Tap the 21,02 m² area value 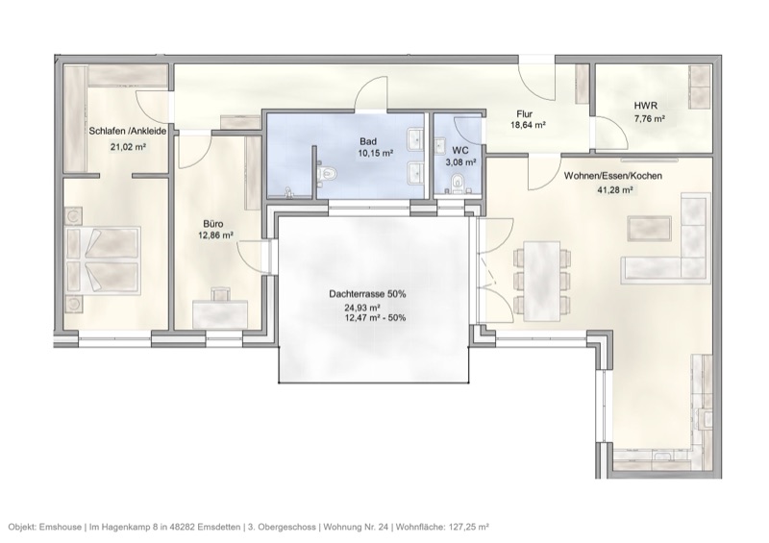[x=128, y=147]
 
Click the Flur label [x=524, y=112]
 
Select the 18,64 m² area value [x=528, y=125]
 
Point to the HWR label [x=644, y=106]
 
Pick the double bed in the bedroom [x=102, y=259]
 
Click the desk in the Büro [x=219, y=312]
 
